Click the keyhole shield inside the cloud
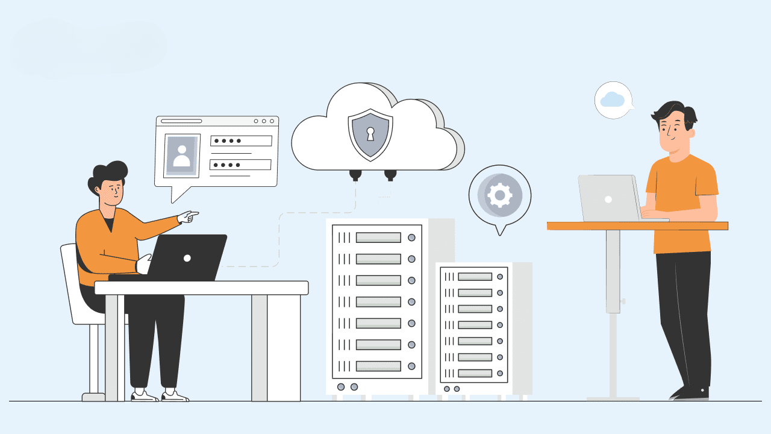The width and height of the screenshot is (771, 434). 370,134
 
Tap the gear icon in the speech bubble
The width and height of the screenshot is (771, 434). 499,195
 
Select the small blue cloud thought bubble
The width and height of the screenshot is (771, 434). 613,99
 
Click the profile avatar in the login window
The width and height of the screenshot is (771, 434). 182,154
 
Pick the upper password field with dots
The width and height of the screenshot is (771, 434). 241,141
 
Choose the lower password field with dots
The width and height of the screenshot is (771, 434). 240,165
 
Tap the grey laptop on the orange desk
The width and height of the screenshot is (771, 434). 608,198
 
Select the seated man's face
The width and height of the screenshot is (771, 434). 111,192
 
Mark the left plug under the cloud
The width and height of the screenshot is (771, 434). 355,174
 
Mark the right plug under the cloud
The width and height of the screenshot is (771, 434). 390,174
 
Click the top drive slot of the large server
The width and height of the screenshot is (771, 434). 378,237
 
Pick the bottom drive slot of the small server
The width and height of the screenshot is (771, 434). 475,372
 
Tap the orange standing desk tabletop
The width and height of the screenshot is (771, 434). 637,226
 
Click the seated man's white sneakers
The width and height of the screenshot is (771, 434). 160,396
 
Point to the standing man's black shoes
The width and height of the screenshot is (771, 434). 690,392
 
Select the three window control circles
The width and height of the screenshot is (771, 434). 264,121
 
